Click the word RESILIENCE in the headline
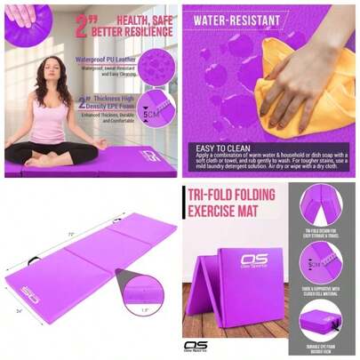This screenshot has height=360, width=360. coord(147,29)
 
